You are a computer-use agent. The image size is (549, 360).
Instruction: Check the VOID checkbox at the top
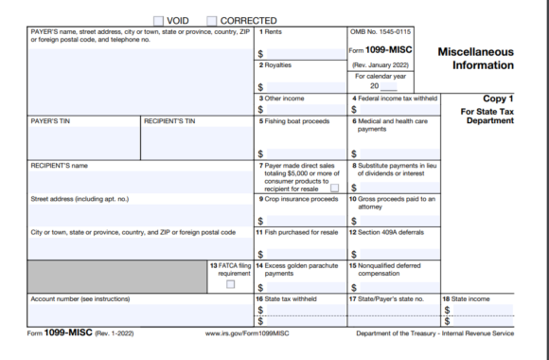(x=157, y=20)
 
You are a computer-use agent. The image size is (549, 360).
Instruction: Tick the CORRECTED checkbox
(x=212, y=20)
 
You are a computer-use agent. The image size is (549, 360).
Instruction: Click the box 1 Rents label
(x=272, y=32)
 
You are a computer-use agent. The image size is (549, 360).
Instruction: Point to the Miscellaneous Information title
(x=476, y=58)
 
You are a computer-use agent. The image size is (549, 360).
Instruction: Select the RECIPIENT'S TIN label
(x=170, y=121)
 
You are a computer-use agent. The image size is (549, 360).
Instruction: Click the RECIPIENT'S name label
(x=60, y=165)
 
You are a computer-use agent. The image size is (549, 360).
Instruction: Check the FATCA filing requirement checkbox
(x=231, y=285)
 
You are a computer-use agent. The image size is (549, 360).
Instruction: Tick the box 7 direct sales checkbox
(x=334, y=189)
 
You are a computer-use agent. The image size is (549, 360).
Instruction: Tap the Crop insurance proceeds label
(x=298, y=199)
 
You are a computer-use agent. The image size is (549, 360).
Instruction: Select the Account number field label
(x=80, y=298)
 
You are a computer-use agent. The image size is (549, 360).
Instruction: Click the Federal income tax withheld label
(x=395, y=99)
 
